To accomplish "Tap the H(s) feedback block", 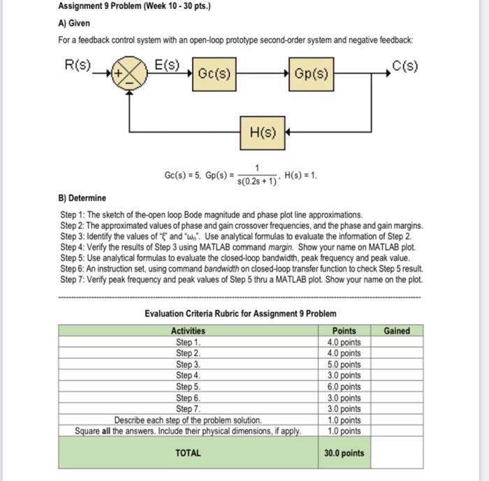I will [263, 131].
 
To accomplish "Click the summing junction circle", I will [130, 73].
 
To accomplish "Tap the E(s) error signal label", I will [166, 66].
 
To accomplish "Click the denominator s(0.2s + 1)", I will [257, 182].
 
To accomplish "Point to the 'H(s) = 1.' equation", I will [302, 175].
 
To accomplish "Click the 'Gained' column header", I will [397, 331].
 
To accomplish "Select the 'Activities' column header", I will [188, 331].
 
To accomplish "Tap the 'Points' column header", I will [344, 331].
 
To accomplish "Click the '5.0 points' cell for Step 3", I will [344, 364].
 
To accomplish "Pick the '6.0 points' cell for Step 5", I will [344, 387].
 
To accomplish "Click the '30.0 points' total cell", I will [344, 453].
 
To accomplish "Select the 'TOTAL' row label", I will [188, 453].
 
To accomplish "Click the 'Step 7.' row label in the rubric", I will [188, 409].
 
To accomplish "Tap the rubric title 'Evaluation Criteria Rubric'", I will [240, 313].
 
